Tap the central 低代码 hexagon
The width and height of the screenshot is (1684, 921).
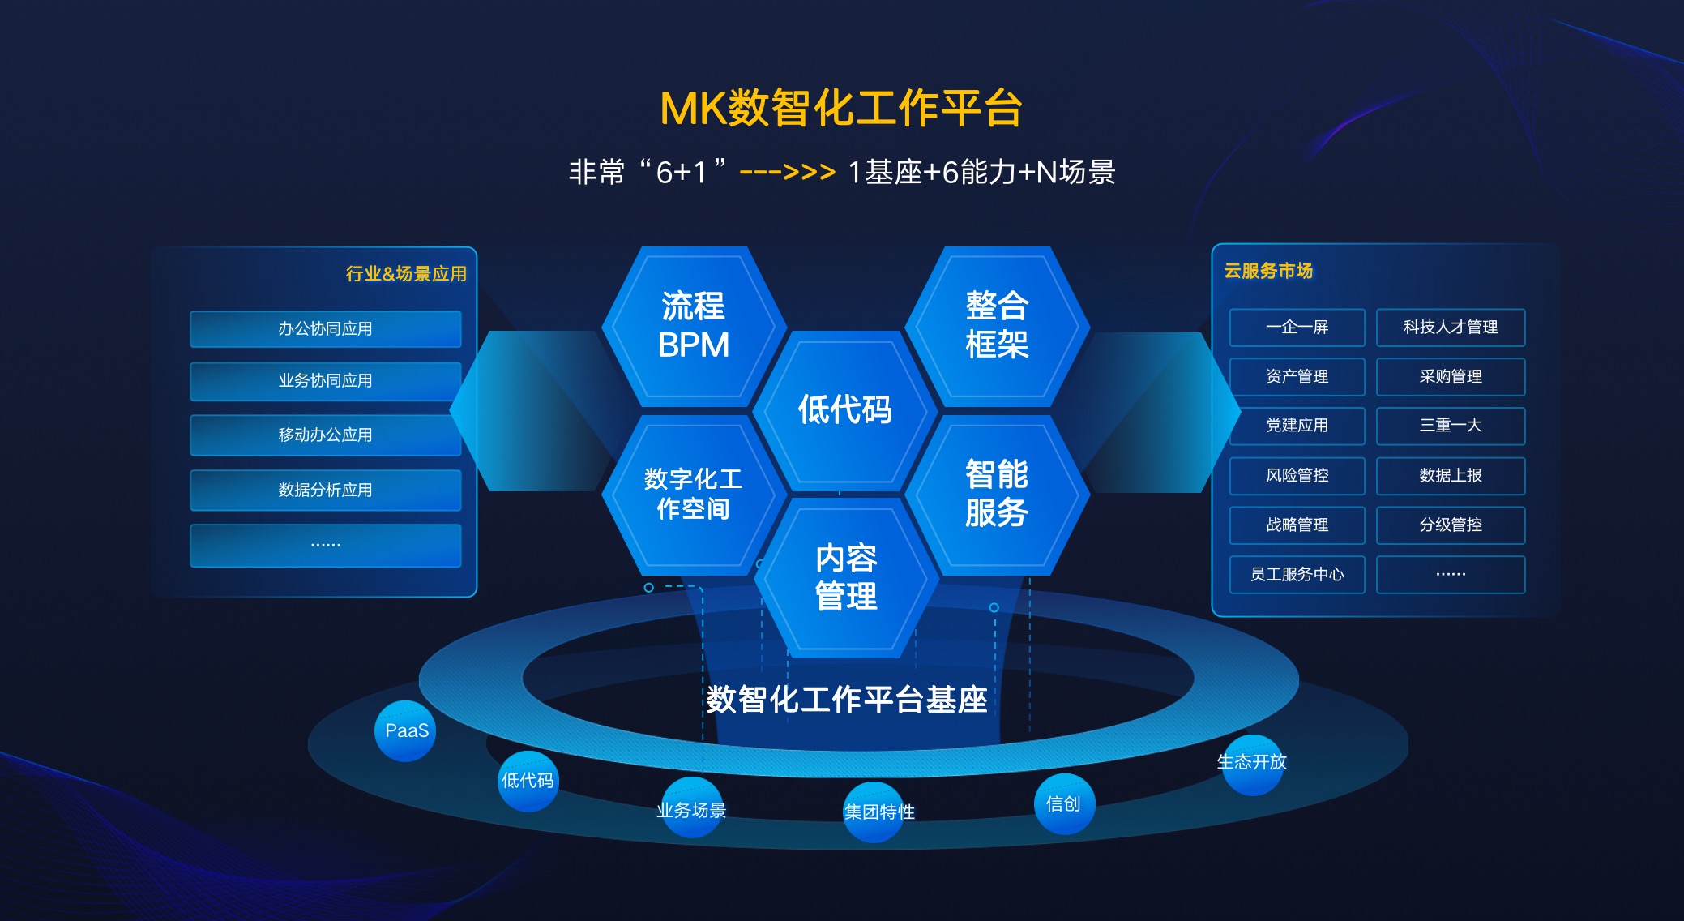point(844,410)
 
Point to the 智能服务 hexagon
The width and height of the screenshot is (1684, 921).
point(997,494)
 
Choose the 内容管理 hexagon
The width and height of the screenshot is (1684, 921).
point(846,577)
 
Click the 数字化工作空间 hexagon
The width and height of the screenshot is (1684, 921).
point(693,494)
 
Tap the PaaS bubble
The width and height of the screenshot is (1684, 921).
point(405,730)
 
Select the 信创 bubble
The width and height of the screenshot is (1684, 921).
point(1064,803)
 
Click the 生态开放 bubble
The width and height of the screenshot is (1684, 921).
point(1253,763)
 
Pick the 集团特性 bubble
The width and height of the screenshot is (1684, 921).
point(875,812)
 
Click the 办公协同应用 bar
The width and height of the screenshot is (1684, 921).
point(325,329)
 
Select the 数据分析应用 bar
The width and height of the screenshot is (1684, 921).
point(325,490)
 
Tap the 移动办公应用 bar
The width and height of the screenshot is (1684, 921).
point(325,435)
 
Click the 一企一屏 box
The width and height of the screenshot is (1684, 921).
point(1297,328)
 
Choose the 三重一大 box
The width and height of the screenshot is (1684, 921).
point(1450,426)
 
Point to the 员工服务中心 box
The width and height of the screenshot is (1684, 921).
point(1297,574)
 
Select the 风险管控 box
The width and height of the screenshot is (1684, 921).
point(1297,475)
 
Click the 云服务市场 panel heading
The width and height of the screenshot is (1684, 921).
point(1268,271)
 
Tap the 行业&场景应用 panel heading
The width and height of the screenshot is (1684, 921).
point(406,274)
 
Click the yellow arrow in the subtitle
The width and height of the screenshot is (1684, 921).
point(787,173)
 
